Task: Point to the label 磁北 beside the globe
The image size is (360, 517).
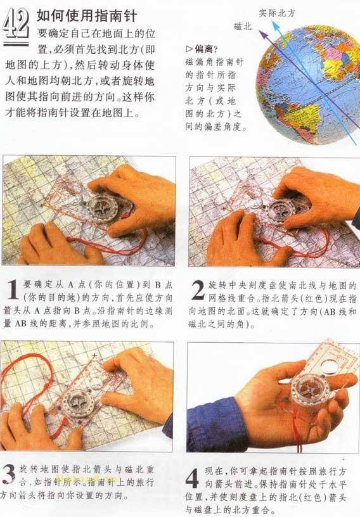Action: click(x=242, y=27)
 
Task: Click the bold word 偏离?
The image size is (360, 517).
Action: click(x=204, y=49)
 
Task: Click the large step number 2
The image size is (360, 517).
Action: click(x=197, y=292)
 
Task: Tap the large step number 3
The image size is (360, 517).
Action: click(x=10, y=475)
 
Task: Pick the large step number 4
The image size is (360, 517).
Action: click(x=195, y=476)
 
